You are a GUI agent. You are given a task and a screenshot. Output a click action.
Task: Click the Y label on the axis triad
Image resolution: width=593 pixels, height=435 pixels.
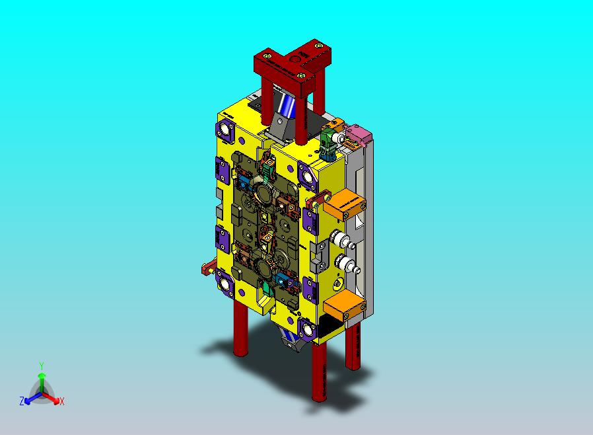coord(42,366)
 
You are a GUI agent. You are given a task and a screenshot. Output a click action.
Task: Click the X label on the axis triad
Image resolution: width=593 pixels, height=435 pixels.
coord(61,401)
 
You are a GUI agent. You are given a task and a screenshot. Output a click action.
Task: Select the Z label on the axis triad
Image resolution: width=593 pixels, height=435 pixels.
coord(22,401)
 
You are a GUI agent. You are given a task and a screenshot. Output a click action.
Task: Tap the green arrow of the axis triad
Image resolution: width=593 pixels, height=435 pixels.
coord(42,379)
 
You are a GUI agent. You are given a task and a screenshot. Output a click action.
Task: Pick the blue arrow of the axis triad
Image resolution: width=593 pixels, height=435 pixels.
coord(30,397)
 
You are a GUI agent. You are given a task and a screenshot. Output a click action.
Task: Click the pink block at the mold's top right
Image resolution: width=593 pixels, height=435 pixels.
coord(358,138)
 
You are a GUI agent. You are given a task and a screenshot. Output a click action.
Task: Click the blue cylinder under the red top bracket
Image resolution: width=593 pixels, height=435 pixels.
coord(287,104)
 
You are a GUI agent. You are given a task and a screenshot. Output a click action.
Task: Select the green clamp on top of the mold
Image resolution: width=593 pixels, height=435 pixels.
coord(329,143)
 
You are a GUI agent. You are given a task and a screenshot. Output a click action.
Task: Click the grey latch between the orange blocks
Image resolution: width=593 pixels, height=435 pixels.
coord(320,255)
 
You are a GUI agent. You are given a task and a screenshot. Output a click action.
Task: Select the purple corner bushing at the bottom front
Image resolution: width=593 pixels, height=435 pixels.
coord(307,329)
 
